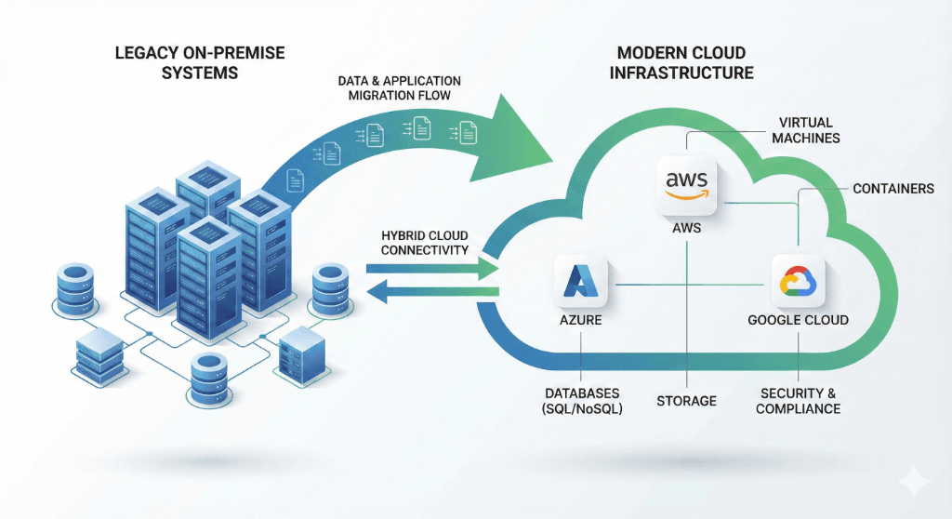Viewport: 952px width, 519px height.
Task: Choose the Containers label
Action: pyautogui.click(x=893, y=189)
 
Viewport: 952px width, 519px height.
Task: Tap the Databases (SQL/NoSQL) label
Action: pyautogui.click(x=581, y=401)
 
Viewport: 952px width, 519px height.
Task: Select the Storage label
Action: pyautogui.click(x=686, y=401)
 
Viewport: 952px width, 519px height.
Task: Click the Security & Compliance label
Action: pyautogui.click(x=798, y=401)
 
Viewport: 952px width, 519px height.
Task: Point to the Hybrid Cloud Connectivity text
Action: pyautogui.click(x=426, y=242)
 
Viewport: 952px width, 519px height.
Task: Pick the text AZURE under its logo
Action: pyautogui.click(x=580, y=321)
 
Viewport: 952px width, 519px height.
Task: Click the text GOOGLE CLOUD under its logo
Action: pyautogui.click(x=798, y=321)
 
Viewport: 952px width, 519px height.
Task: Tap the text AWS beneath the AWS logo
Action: pyautogui.click(x=686, y=227)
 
